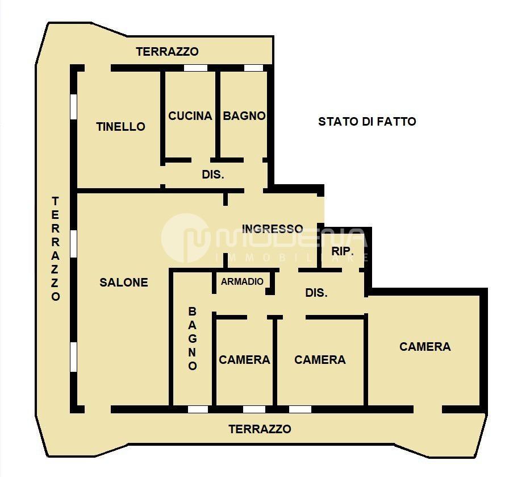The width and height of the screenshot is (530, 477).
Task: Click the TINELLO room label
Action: (x=120, y=127)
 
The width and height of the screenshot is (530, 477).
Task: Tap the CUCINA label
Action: (x=190, y=116)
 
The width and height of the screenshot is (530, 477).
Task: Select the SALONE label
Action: (x=124, y=283)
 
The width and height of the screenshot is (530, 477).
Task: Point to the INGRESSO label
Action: (x=273, y=229)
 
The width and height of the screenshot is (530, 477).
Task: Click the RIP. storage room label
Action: (x=343, y=251)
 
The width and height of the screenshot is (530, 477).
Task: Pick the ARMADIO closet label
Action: (x=242, y=281)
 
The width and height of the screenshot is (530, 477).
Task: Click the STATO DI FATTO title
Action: (x=367, y=122)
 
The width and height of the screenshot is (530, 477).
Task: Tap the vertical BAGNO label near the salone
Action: (x=193, y=338)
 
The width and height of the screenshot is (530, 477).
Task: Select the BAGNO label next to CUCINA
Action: (x=244, y=116)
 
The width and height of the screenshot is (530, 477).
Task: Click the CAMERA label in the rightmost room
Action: (x=425, y=347)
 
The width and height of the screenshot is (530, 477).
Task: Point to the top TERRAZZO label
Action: (x=168, y=51)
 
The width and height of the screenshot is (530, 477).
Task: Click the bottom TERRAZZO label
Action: (x=260, y=429)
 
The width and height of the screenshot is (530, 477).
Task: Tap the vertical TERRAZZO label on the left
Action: (x=56, y=248)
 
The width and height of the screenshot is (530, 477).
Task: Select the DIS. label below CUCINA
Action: (x=213, y=175)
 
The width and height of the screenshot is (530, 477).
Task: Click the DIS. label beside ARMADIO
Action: (x=316, y=293)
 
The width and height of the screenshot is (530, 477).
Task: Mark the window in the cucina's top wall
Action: (x=195, y=68)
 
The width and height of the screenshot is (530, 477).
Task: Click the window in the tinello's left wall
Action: (x=73, y=106)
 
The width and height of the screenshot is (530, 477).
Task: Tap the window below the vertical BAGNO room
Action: (x=198, y=409)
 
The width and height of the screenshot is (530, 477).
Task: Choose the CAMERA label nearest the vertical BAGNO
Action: (x=244, y=360)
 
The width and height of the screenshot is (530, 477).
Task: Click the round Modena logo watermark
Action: (x=186, y=238)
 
